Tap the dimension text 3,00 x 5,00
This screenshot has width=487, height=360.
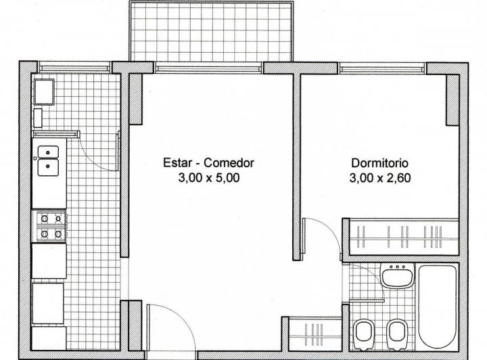(x=208, y=179)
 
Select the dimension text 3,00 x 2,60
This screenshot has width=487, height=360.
(x=379, y=179)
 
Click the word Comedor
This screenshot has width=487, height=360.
(x=229, y=163)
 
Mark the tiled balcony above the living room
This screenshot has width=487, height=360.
(x=212, y=31)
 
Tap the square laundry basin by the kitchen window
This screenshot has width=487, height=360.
(x=46, y=91)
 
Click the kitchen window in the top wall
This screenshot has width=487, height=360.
(x=74, y=67)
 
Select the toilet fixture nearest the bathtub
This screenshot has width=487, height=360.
(x=396, y=332)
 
